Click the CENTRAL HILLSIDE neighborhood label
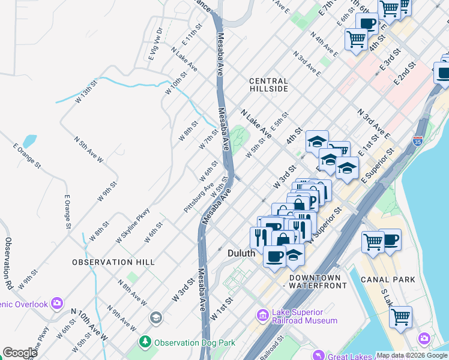pyautogui.click(x=268, y=85)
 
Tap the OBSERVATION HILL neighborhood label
pyautogui.click(x=113, y=262)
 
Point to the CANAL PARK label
pyautogui.click(x=387, y=280)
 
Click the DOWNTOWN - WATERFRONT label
pyautogui.click(x=318, y=282)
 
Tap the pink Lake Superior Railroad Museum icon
pyautogui.click(x=262, y=315)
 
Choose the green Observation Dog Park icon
pyautogui.click(x=145, y=343)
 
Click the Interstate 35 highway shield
pyautogui.click(x=418, y=142)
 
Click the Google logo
pyautogui.click(x=20, y=353)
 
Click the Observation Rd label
pyautogui.click(x=9, y=261)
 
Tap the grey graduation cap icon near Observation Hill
pyautogui.click(x=156, y=317)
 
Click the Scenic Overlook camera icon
pyautogui.click(x=57, y=303)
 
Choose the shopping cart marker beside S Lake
pyautogui.click(x=400, y=316)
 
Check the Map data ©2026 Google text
pyautogui.click(x=412, y=355)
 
